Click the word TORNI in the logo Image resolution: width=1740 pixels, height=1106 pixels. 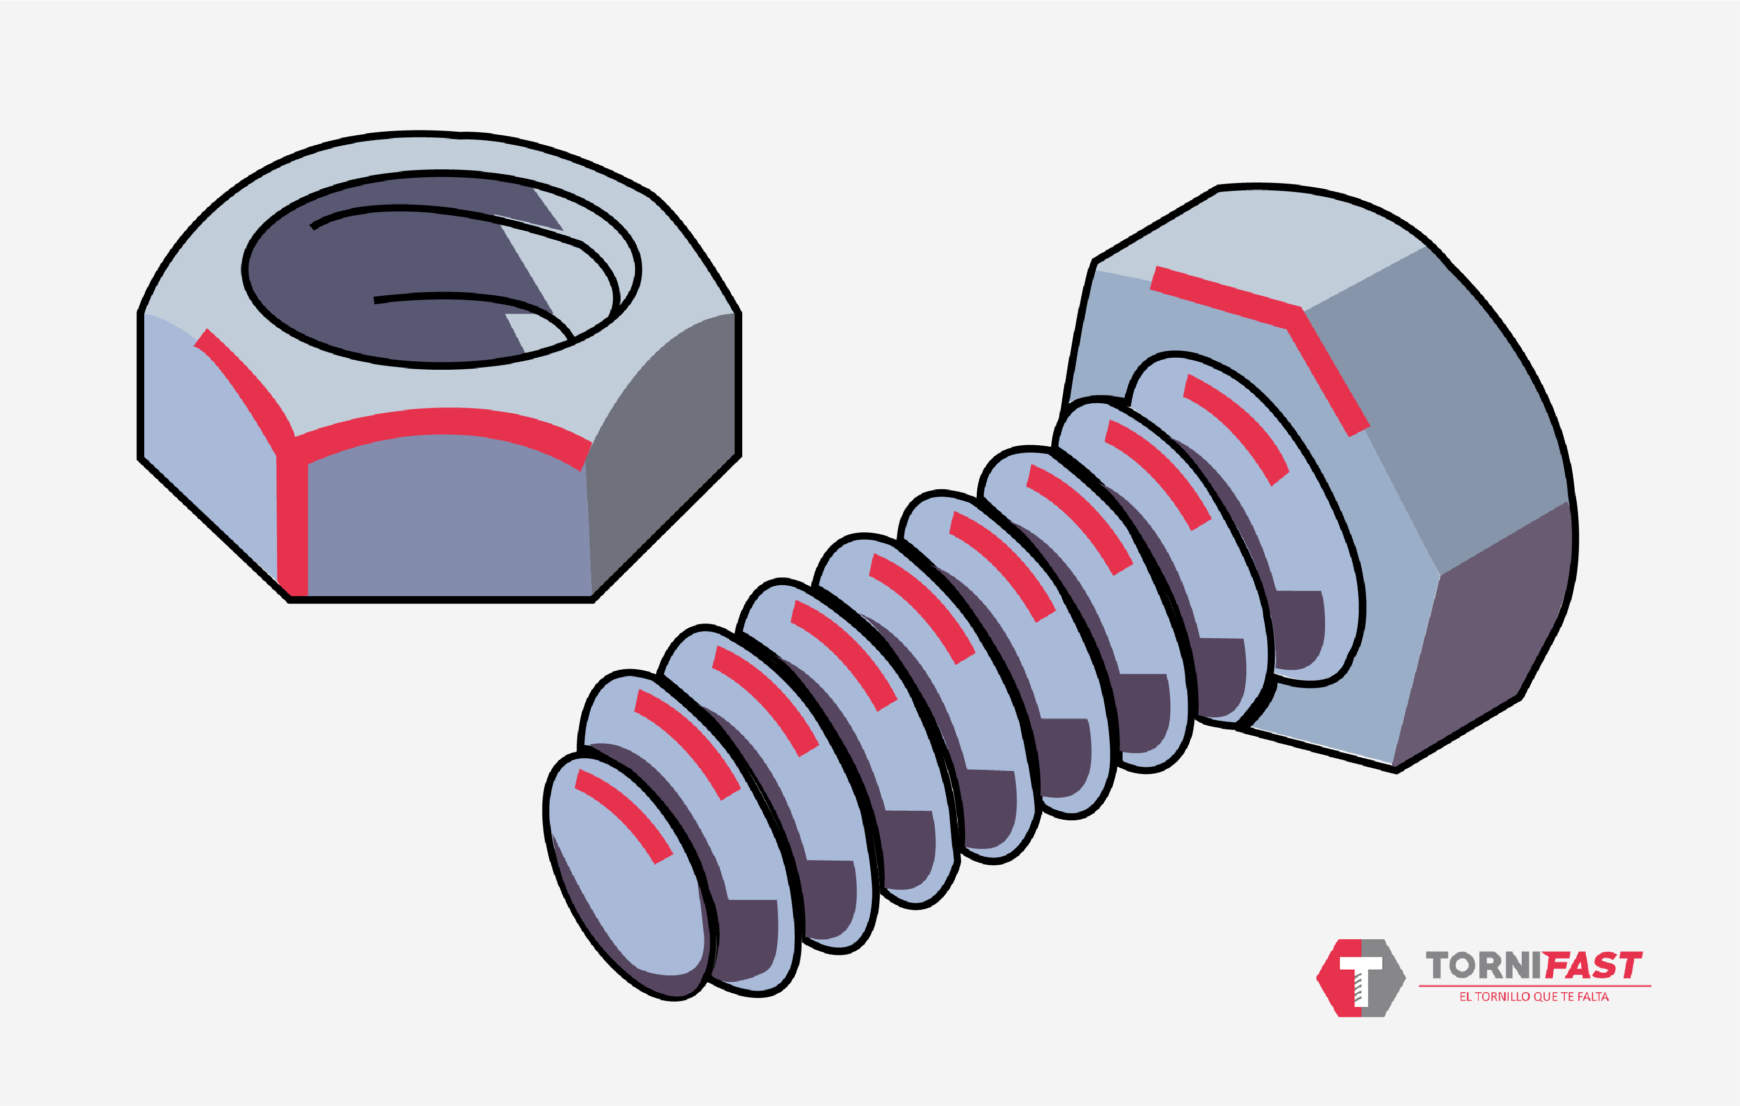click(1481, 966)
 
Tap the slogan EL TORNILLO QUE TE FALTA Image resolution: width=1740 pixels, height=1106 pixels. click(1533, 997)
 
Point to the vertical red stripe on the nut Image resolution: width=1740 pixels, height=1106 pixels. click(293, 520)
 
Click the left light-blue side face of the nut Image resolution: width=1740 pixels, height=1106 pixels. click(209, 463)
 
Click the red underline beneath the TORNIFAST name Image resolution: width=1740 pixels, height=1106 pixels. click(1533, 985)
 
